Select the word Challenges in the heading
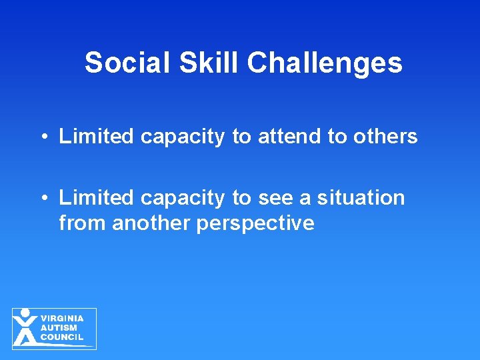[x=325, y=63]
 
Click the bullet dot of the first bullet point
[x=42, y=137]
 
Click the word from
[x=83, y=223]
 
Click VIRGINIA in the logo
[x=62, y=319]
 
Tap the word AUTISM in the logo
[x=59, y=328]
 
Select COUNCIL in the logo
[x=62, y=337]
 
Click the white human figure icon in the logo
[x=25, y=327]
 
